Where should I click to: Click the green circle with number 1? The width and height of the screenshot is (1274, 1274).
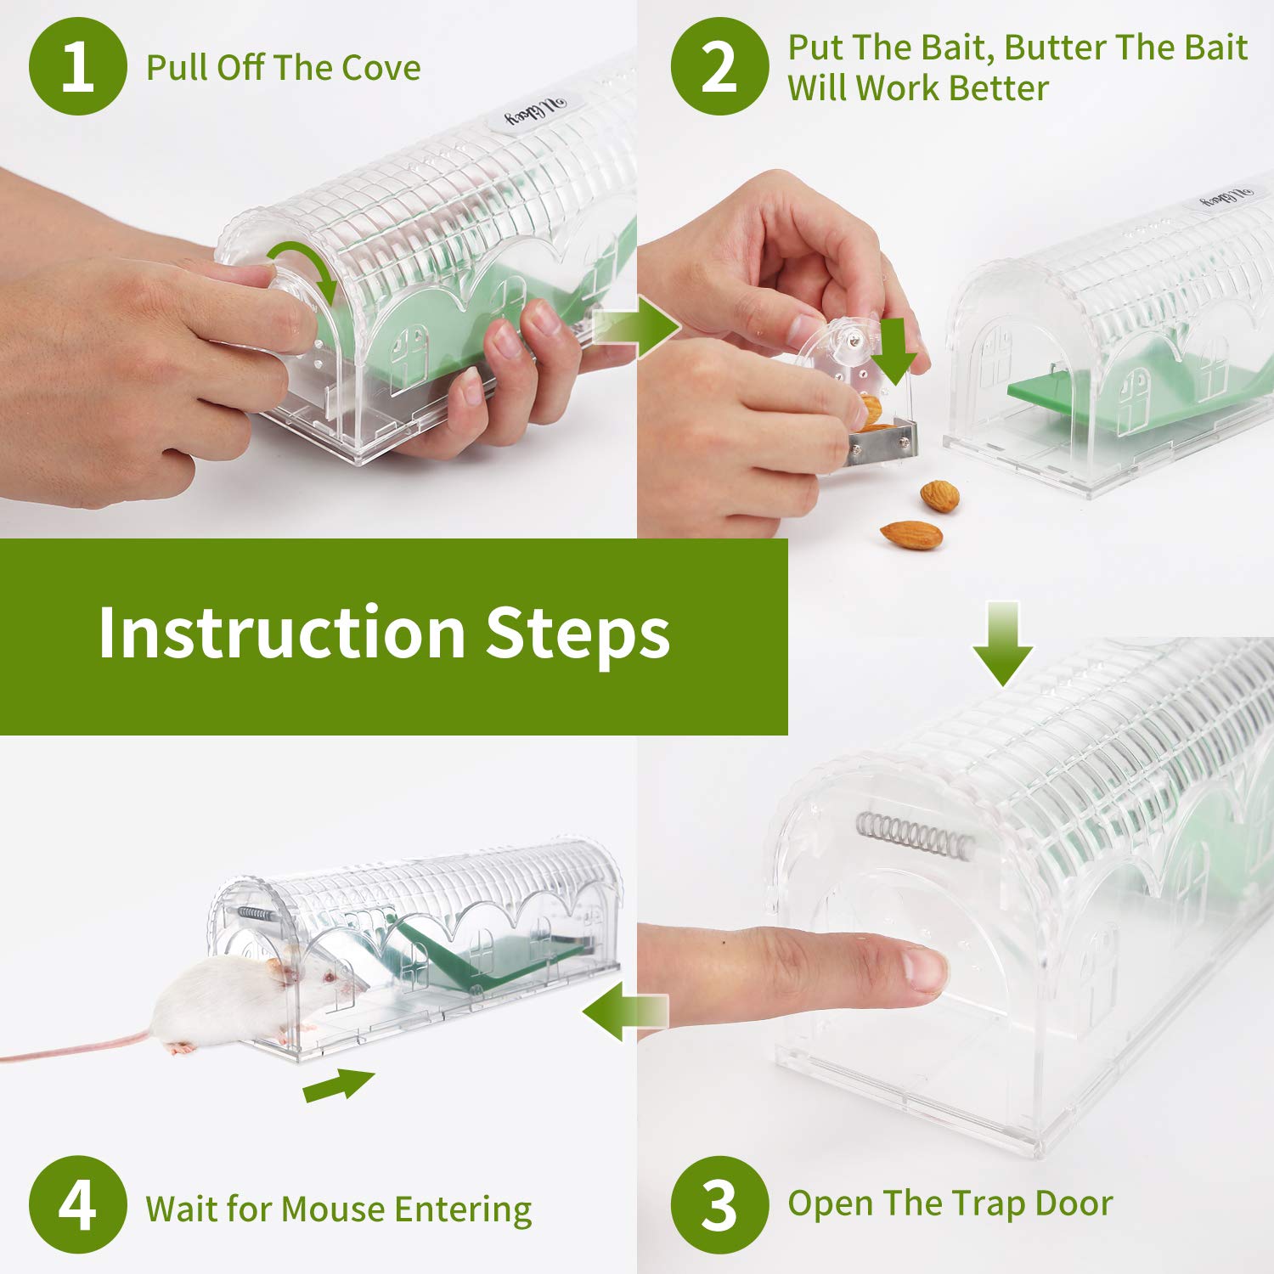[78, 66]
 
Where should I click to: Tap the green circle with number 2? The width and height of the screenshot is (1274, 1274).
[720, 66]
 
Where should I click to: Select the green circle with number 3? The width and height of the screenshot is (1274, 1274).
[720, 1204]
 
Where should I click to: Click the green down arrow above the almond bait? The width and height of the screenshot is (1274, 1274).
[898, 350]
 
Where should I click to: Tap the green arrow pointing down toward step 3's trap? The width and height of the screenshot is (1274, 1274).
[1003, 643]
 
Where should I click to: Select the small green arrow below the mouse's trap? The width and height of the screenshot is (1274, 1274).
[339, 1085]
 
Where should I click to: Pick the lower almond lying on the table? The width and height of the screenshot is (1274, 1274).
[911, 534]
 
